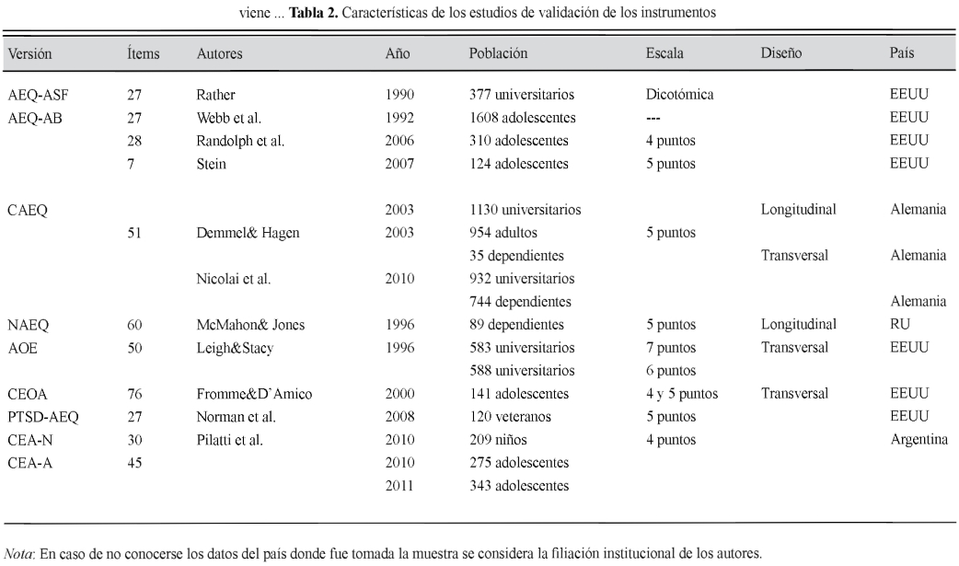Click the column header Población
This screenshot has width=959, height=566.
point(498,54)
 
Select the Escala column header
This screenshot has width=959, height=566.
point(664,54)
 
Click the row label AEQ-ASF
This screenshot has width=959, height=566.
point(35,95)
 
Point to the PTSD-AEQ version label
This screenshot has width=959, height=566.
point(42,417)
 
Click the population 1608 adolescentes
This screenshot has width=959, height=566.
point(523,118)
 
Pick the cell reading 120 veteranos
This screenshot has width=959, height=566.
point(512,417)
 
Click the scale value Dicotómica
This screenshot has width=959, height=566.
point(681,95)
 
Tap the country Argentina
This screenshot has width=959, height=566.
point(919,440)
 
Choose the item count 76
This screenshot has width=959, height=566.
point(135,394)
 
